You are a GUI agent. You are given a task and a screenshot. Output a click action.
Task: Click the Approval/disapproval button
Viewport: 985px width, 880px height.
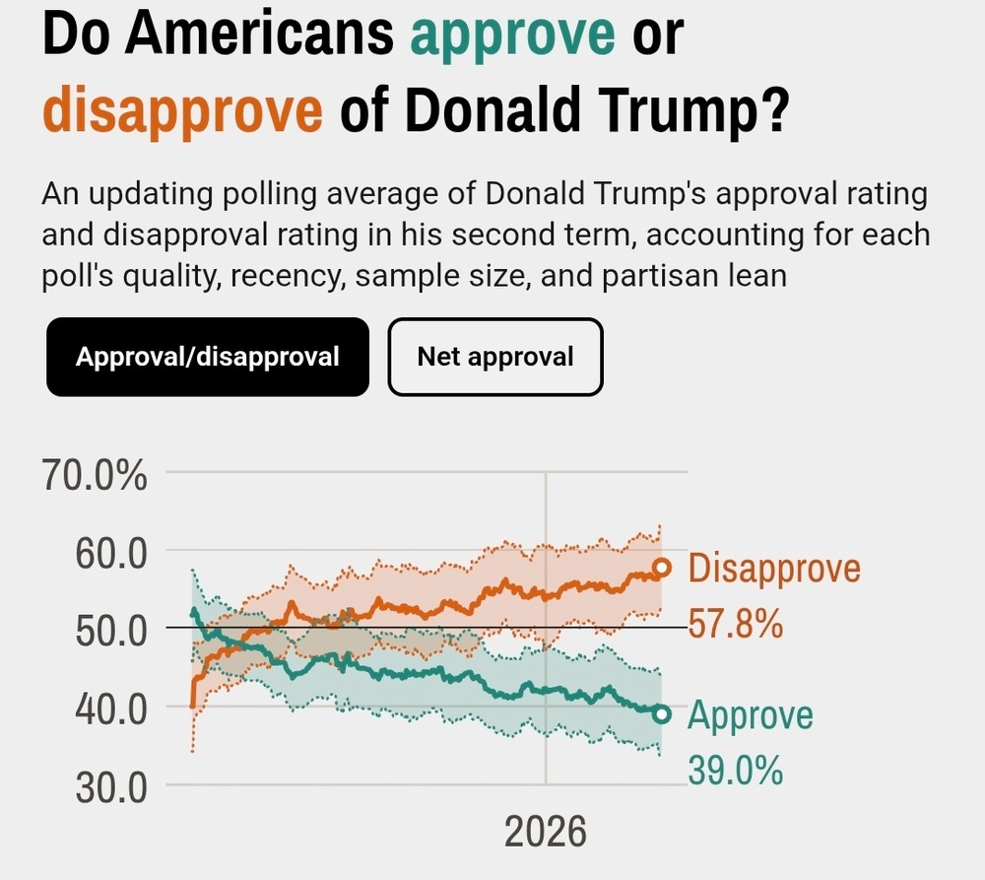208,357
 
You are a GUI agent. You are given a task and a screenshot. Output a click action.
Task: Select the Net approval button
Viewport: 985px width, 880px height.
494,357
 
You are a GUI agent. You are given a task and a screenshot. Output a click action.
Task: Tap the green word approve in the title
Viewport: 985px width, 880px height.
512,36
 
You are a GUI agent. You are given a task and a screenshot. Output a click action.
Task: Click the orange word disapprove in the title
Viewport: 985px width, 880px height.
182,111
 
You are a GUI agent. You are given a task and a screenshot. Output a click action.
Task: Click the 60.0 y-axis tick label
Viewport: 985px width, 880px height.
110,552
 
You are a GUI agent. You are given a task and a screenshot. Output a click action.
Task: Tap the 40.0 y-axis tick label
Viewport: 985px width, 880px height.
110,708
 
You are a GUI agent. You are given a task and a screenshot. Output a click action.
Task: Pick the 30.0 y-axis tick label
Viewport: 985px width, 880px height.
110,785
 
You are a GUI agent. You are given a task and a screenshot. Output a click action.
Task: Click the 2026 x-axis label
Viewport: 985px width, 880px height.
545,832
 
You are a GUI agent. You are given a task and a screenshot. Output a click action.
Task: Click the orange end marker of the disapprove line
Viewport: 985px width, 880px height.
662,568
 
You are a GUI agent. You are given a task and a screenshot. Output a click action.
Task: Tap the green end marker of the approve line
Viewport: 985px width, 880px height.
662,713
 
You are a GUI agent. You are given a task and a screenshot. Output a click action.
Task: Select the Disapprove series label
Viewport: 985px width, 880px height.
774,569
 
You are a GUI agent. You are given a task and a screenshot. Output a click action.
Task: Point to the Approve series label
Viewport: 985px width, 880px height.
751,714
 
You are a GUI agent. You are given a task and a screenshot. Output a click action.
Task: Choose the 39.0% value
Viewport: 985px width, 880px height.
735,769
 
